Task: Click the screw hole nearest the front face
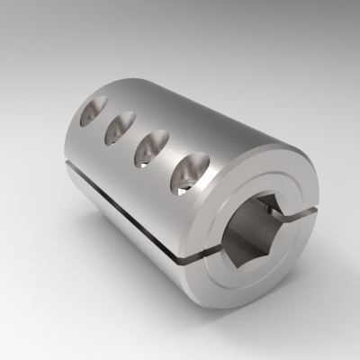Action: (192, 174)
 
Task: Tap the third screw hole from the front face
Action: (120, 127)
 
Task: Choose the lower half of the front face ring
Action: (261, 288)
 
